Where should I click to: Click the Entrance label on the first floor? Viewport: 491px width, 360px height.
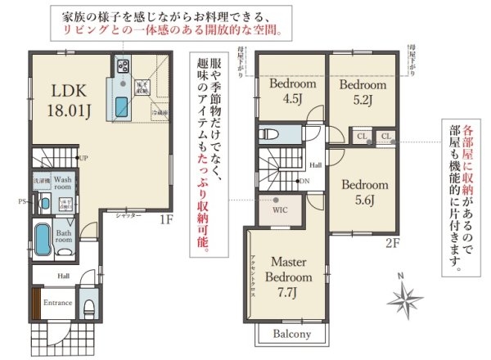(57, 303)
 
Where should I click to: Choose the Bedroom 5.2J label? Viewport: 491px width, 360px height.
(363, 92)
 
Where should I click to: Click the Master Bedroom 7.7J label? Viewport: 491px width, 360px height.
(288, 276)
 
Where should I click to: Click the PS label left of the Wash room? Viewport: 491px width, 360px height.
(23, 199)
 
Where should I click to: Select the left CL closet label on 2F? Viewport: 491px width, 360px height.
(360, 135)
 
